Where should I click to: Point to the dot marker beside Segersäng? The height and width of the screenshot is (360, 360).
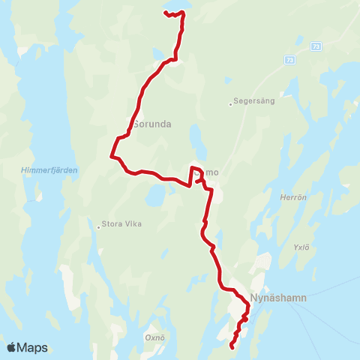tap(230, 104)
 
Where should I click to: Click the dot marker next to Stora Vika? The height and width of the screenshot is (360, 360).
tap(98, 223)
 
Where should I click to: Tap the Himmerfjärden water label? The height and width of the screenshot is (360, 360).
tap(49, 170)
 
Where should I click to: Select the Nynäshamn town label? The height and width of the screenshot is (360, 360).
tap(279, 297)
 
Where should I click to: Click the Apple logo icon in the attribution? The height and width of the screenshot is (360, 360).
tap(11, 347)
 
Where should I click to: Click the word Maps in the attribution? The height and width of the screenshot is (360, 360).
tap(33, 347)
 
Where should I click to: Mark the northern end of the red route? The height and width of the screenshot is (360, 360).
tap(164, 13)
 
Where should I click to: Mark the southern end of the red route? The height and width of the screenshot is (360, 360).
tap(232, 347)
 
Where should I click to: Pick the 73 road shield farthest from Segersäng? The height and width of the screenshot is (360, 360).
tap(315, 46)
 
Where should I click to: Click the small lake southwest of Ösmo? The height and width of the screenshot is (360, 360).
tap(154, 196)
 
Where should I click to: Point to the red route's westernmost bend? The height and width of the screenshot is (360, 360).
tap(112, 156)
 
